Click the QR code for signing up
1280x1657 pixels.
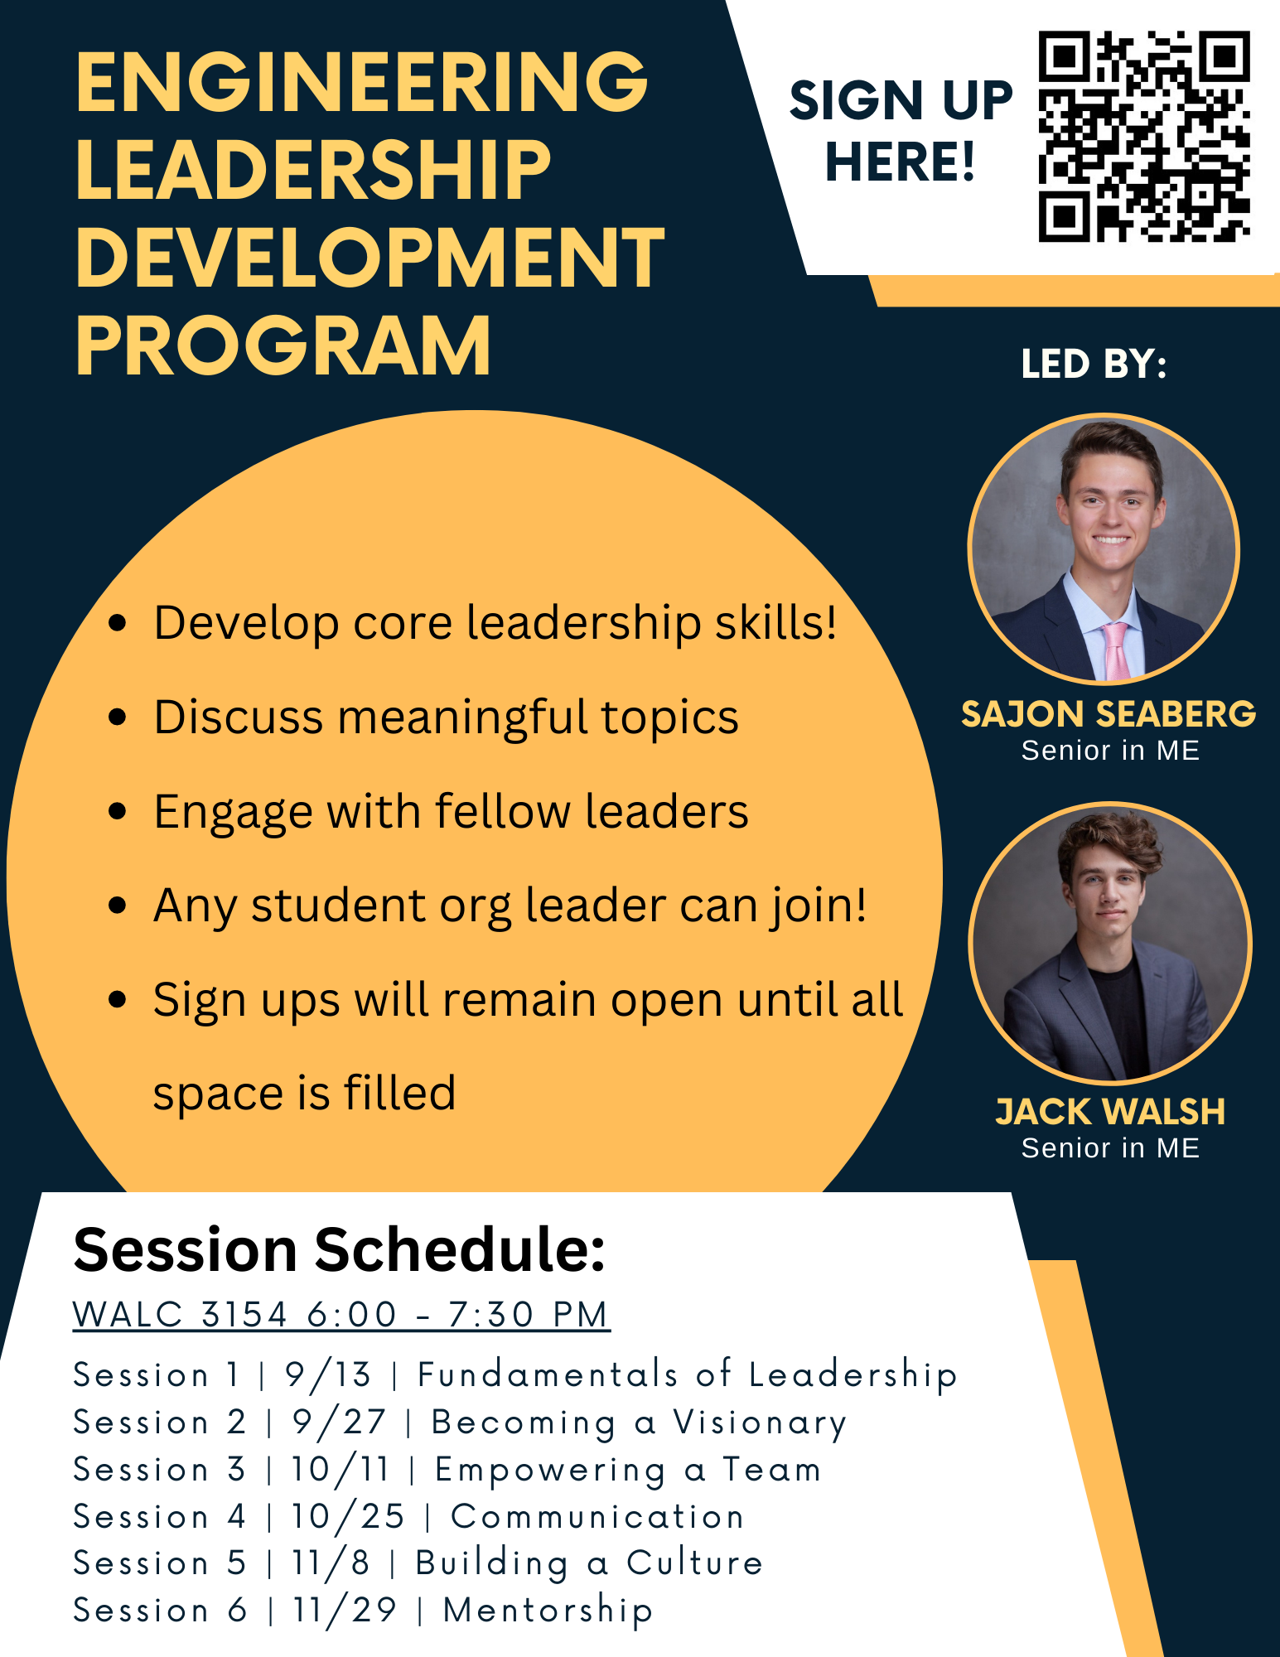(x=1144, y=137)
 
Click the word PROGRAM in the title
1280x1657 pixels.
(x=283, y=345)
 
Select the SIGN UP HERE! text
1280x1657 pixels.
(x=901, y=131)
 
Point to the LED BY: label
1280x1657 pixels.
(x=1094, y=364)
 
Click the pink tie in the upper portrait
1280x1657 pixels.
(x=1114, y=650)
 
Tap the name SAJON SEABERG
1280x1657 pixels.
(x=1109, y=714)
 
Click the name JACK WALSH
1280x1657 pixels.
(x=1110, y=1112)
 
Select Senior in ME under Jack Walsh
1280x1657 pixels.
(x=1110, y=1148)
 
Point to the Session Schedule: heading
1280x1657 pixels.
(x=340, y=1249)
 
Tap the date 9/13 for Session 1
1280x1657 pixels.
(x=328, y=1375)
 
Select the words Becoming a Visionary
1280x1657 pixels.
(x=639, y=1423)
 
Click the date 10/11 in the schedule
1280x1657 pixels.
(x=340, y=1470)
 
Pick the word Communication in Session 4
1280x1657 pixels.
(x=597, y=1517)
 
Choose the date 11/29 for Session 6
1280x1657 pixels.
(x=345, y=1611)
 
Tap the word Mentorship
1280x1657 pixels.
(x=548, y=1611)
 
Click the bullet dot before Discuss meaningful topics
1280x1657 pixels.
(x=118, y=717)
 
